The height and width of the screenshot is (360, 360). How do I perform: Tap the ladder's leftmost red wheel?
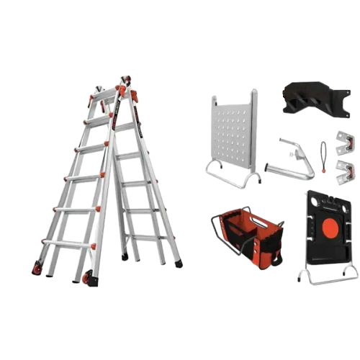coord(35,269)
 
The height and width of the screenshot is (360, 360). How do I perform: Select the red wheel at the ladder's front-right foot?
coord(87,279)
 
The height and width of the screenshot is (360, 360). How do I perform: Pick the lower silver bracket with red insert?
coord(345,171)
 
